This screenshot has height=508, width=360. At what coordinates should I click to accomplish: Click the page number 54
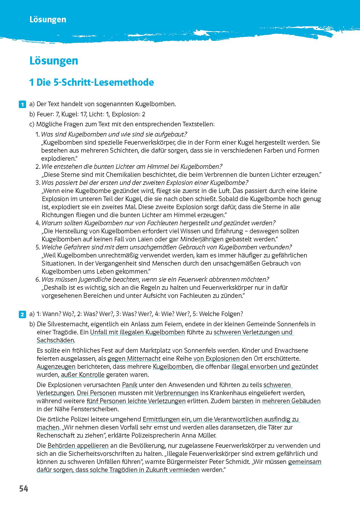point(24,488)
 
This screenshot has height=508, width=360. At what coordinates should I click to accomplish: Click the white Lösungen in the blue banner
point(48,20)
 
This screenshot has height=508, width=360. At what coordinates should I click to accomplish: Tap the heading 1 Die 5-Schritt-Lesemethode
point(91,82)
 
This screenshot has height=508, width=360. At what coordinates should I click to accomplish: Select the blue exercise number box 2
point(22,314)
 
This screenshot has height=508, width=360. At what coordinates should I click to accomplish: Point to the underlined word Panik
point(130,385)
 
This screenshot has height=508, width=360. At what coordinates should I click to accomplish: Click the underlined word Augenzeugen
point(56,367)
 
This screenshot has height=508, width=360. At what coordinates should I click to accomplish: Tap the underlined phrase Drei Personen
point(97,393)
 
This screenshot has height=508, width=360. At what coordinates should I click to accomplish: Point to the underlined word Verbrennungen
point(176,393)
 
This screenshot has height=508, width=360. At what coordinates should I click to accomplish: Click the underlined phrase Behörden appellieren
point(78,446)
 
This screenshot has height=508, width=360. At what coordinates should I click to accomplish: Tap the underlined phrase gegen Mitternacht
point(134,359)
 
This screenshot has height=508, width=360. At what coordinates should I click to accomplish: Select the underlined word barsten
point(243,401)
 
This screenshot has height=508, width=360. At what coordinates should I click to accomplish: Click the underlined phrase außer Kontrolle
point(83,375)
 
